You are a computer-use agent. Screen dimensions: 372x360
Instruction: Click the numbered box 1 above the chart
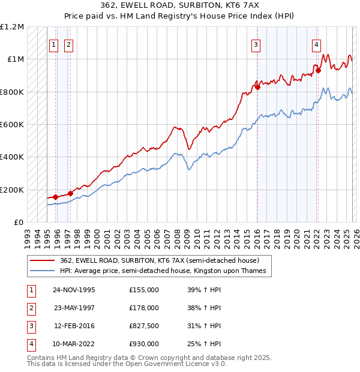[53, 44]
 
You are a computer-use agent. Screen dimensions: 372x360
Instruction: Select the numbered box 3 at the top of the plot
[256, 44]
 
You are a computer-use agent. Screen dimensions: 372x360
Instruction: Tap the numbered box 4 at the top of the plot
[316, 44]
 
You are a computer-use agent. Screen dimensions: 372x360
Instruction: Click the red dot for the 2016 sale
[257, 87]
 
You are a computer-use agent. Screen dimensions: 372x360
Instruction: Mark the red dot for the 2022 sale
[318, 70]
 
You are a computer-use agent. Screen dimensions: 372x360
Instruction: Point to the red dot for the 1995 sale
[56, 197]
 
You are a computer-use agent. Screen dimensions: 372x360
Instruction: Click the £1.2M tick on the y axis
[12, 27]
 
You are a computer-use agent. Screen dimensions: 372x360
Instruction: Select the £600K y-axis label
[11, 125]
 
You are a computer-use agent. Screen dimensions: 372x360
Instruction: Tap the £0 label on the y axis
[18, 222]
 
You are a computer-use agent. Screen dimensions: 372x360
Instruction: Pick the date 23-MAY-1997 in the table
[74, 308]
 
